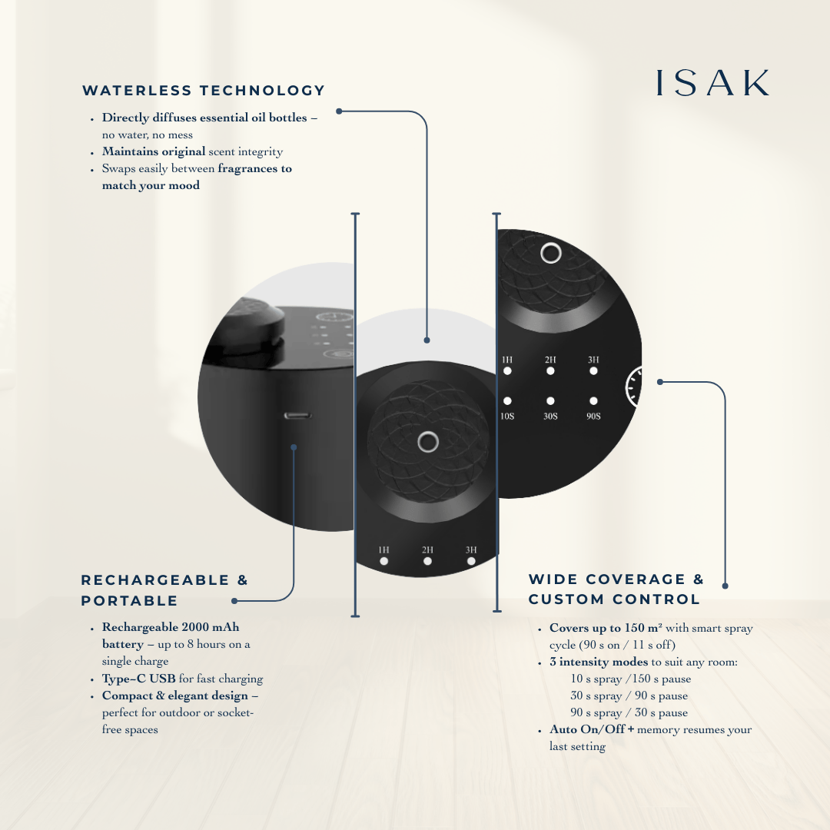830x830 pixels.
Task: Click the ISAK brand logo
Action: (712, 84)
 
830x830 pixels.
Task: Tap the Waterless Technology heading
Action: (204, 91)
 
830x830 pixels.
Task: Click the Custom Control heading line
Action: (614, 599)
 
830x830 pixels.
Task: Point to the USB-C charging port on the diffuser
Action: (297, 416)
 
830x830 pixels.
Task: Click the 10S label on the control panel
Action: (507, 416)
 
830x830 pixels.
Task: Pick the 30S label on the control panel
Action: (550, 416)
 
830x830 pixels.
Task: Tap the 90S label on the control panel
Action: (593, 416)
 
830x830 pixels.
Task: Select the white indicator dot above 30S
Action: (550, 400)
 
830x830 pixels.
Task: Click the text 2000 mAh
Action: (211, 627)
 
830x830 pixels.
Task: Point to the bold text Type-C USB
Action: (138, 679)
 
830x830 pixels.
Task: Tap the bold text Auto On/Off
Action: (586, 729)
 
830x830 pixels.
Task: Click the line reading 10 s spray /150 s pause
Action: (630, 679)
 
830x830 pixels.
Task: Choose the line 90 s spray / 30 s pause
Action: (629, 712)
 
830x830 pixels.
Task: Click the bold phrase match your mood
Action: (151, 185)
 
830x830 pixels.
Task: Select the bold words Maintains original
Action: (154, 151)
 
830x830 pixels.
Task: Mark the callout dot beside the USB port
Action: (294, 447)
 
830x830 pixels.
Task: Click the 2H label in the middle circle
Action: (427, 549)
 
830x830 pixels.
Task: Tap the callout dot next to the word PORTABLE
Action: (234, 601)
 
